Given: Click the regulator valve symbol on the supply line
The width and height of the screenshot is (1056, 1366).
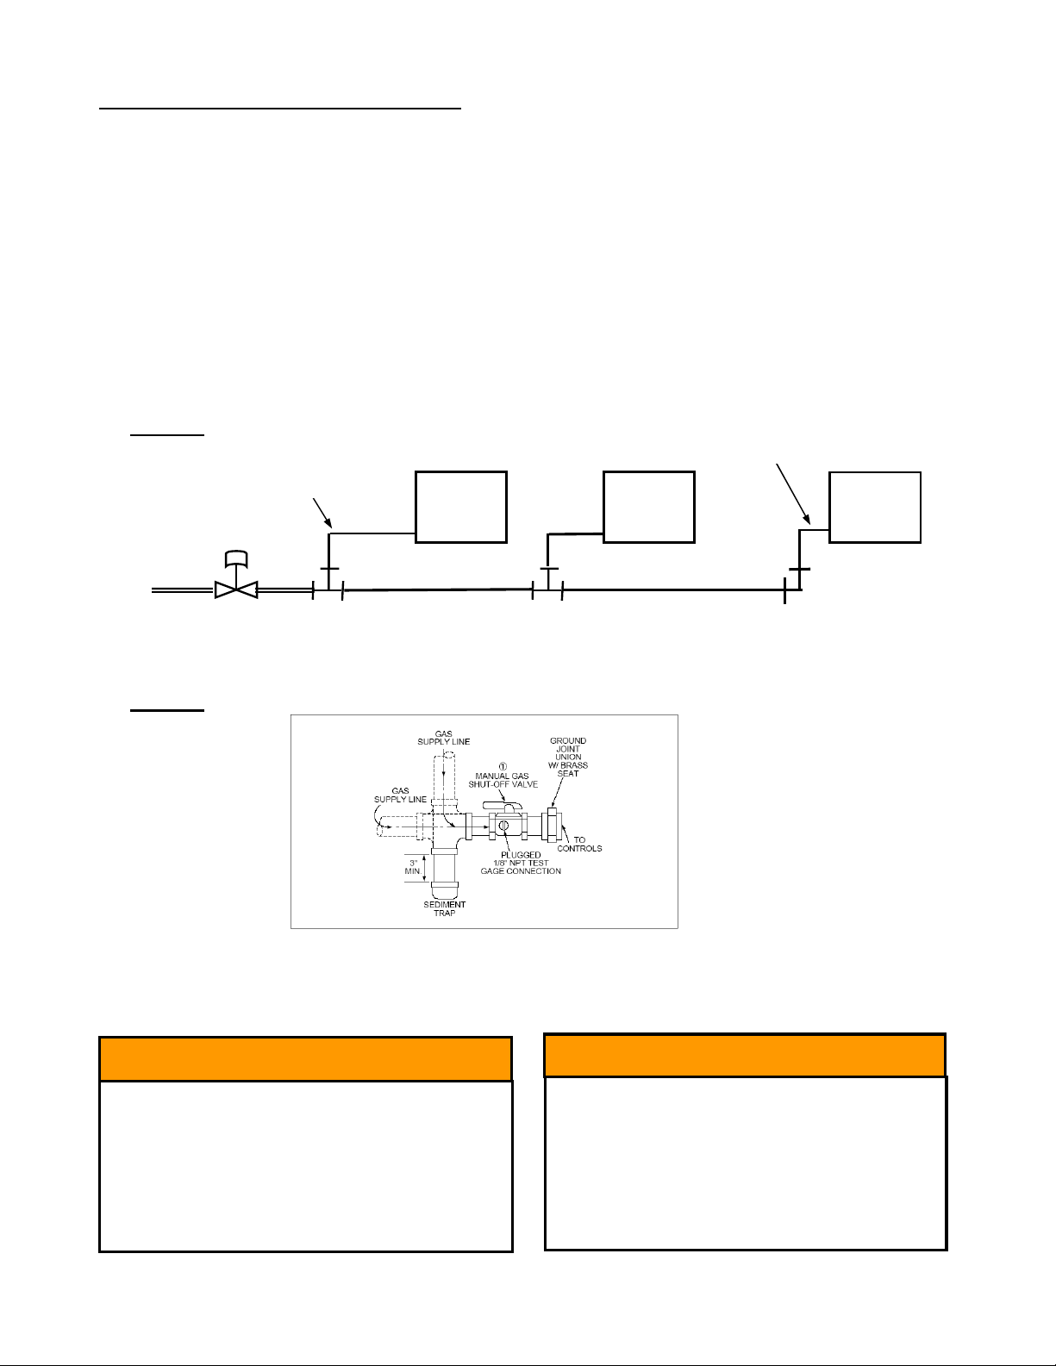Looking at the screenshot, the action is (x=236, y=589).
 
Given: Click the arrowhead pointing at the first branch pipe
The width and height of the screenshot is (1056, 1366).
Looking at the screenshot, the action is (x=328, y=522).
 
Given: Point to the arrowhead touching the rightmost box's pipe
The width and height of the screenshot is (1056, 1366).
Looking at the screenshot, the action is (x=807, y=519).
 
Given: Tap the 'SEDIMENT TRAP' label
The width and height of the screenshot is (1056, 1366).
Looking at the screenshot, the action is (x=445, y=908).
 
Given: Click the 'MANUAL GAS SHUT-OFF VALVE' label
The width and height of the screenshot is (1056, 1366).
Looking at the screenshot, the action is (x=503, y=780).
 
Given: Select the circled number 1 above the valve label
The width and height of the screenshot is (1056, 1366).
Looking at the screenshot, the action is (x=503, y=766).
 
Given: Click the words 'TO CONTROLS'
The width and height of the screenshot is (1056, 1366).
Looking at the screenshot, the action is (x=579, y=844).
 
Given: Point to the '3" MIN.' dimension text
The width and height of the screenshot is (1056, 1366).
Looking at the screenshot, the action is (x=412, y=867).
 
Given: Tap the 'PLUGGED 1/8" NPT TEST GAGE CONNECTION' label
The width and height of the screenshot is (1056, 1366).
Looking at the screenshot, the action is (x=521, y=863).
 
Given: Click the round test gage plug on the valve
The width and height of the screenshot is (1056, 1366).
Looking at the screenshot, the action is (x=503, y=824).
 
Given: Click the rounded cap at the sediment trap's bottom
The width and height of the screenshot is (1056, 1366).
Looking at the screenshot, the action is (x=445, y=890).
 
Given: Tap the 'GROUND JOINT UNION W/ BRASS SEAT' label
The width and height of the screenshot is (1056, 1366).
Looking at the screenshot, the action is (x=568, y=757).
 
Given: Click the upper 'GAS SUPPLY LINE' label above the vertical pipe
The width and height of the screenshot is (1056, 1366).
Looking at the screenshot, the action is (x=444, y=738).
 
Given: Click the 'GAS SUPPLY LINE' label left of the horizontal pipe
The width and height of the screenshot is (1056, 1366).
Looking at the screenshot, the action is (x=400, y=795).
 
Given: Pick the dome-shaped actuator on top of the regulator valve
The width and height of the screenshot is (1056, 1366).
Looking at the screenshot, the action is (x=236, y=558).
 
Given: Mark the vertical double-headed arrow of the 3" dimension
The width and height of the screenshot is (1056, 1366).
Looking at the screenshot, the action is (x=426, y=867).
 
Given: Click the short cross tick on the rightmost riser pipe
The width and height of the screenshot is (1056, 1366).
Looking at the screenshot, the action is (x=800, y=569).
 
